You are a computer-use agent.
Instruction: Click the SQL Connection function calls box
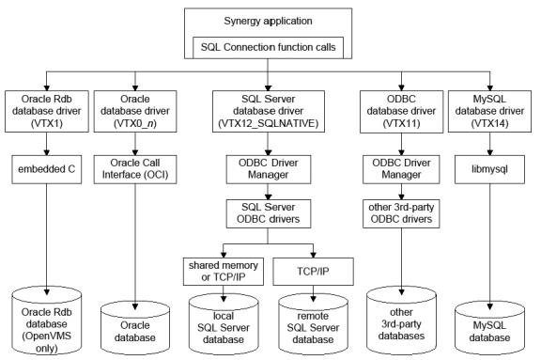tap(269, 45)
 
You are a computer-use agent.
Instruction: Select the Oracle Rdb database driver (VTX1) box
tap(48, 115)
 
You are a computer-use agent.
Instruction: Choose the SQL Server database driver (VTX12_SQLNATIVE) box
tap(270, 115)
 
